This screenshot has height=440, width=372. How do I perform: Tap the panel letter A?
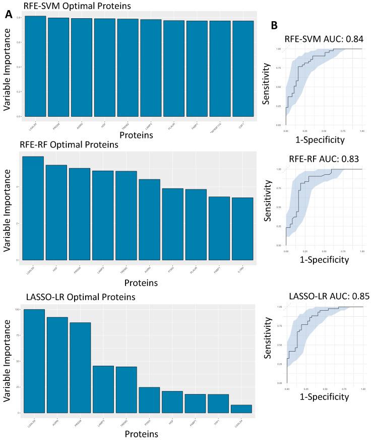(9, 15)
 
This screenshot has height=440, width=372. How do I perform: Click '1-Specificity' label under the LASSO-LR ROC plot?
(325, 397)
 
